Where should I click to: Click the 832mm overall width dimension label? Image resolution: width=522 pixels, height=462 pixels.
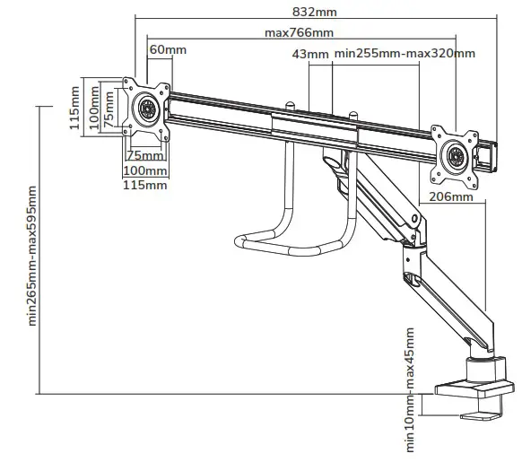click(315, 12)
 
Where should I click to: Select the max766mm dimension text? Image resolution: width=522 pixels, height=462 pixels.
click(299, 32)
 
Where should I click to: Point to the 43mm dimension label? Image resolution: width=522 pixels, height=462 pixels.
click(310, 54)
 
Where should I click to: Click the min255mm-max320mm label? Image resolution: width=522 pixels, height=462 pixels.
click(404, 54)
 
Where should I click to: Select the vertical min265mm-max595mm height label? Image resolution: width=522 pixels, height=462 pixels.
click(33, 256)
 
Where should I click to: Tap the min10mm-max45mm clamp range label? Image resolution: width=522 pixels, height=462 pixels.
click(410, 391)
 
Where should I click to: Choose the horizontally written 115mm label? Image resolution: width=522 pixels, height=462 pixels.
click(144, 185)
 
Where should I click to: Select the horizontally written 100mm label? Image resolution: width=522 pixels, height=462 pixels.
click(144, 170)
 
